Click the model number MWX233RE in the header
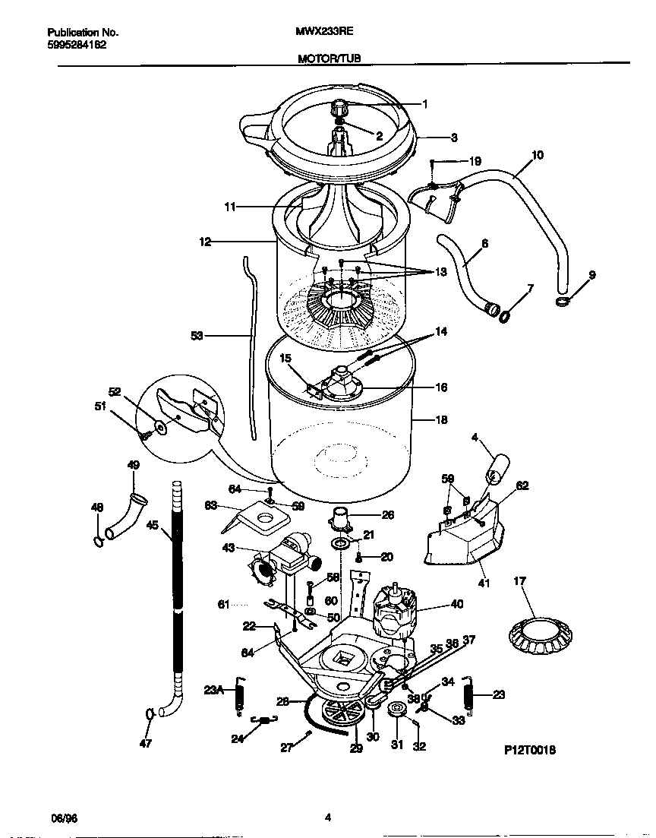(323, 33)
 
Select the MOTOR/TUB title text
(328, 58)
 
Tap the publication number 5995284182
(77, 45)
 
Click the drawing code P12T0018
(530, 749)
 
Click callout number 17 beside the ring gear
(519, 583)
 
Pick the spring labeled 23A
(240, 696)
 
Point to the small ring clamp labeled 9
(563, 302)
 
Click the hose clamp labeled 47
(152, 713)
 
